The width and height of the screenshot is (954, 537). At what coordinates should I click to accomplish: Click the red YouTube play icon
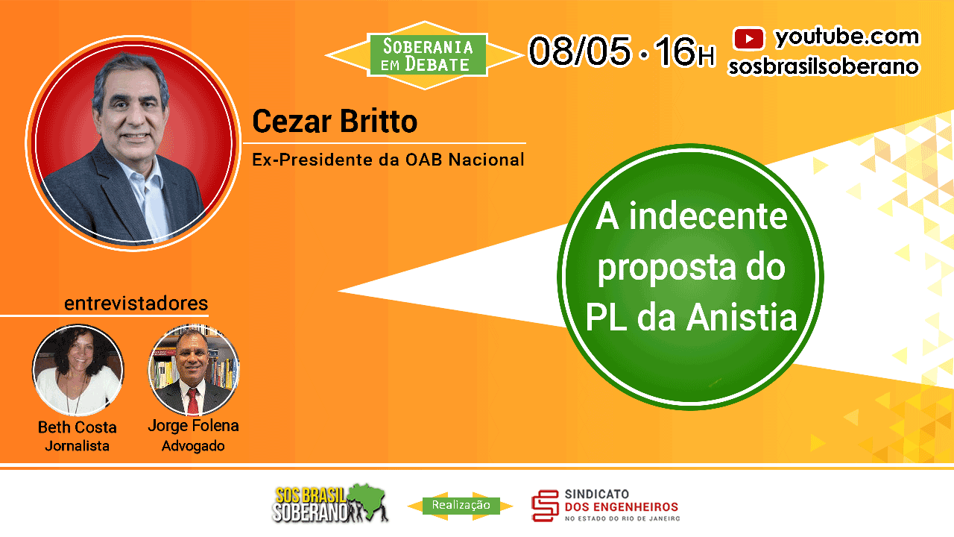[x=749, y=38]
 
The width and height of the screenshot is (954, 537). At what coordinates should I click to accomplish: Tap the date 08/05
[x=579, y=51]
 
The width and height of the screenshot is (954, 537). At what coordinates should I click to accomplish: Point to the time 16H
[x=684, y=51]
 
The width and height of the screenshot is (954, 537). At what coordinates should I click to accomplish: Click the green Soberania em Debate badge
[x=427, y=55]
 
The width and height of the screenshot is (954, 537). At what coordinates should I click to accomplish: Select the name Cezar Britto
[x=335, y=122]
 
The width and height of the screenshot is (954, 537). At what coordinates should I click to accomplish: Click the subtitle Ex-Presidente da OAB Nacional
[x=388, y=160]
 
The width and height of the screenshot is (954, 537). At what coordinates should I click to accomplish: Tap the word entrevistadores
[x=136, y=304]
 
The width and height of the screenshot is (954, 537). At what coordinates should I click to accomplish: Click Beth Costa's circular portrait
[x=78, y=370]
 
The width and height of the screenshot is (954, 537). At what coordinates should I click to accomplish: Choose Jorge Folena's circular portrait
[x=193, y=370]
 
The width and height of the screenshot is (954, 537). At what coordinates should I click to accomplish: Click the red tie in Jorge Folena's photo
[x=193, y=401]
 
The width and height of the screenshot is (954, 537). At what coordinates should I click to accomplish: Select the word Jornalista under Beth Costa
[x=77, y=446]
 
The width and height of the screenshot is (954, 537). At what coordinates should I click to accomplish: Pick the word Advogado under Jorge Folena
[x=193, y=446]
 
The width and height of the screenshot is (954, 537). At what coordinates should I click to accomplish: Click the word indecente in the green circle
[x=708, y=216]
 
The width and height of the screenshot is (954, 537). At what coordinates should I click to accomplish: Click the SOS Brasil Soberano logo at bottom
[x=330, y=503]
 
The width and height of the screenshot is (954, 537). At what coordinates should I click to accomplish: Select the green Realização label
[x=461, y=506]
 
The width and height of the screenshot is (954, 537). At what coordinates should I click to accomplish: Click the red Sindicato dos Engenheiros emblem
[x=545, y=506]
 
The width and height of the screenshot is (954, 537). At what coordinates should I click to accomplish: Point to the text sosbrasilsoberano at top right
[x=824, y=67]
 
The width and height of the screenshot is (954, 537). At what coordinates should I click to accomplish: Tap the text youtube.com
[x=847, y=37]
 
